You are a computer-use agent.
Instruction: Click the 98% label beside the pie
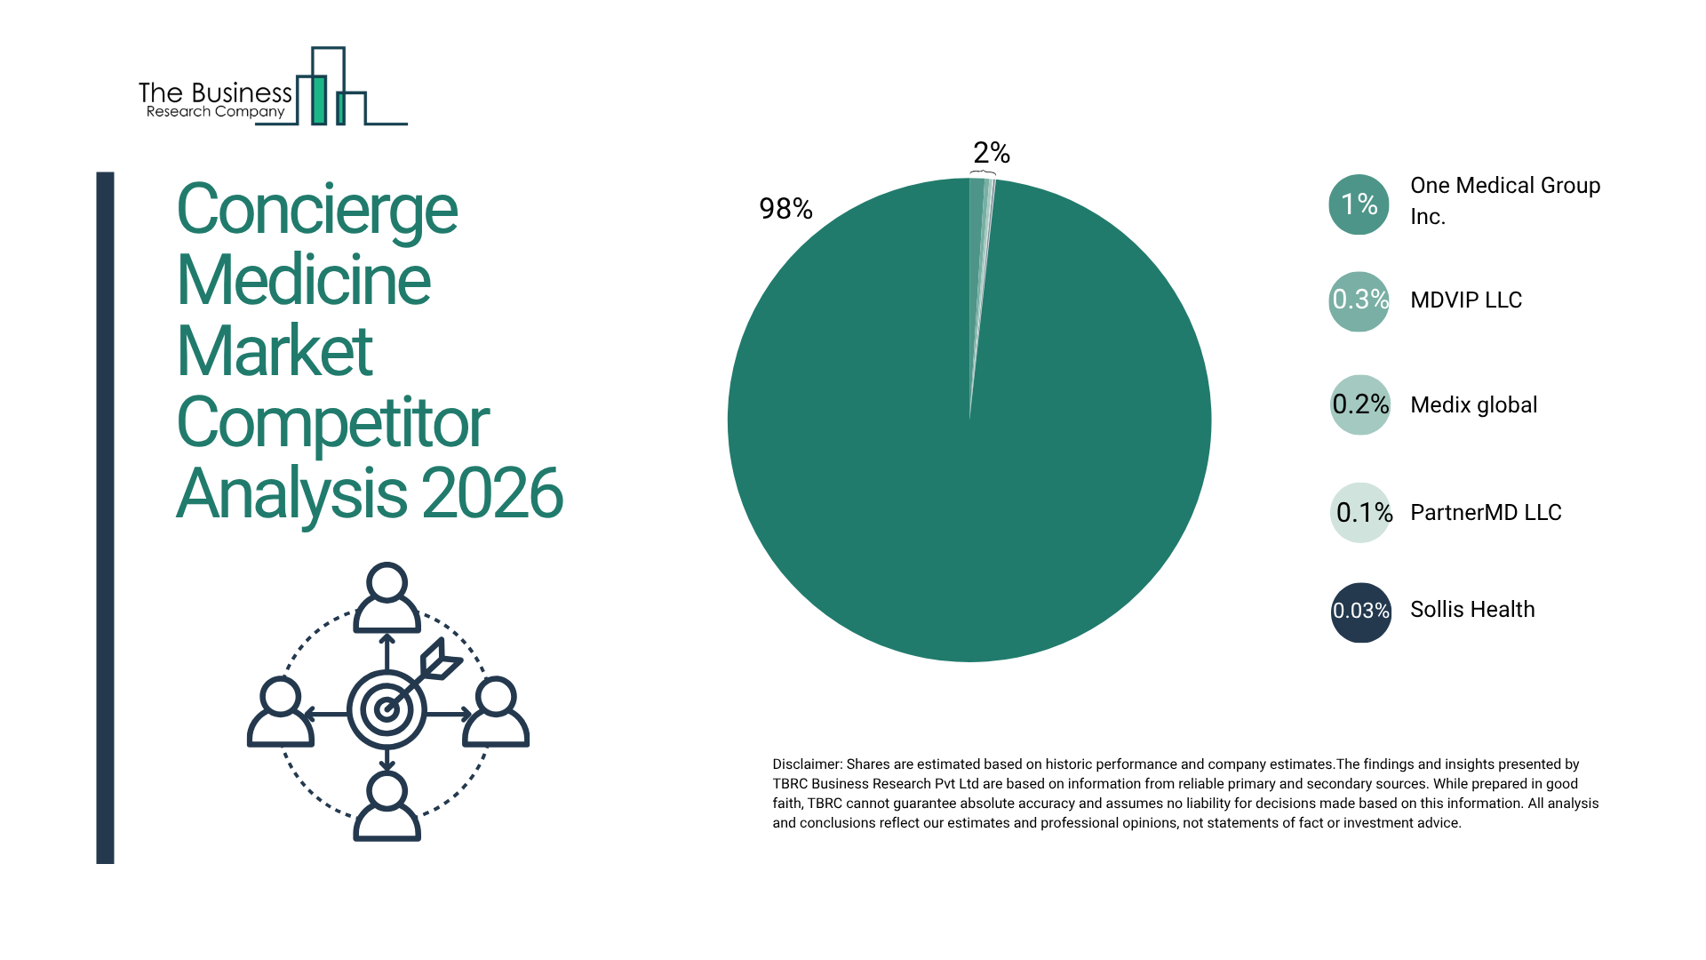pos(785,209)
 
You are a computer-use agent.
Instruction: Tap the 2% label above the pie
pos(992,153)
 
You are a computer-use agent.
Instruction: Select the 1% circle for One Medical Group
pos(1359,204)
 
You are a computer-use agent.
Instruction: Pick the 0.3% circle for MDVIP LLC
pos(1359,300)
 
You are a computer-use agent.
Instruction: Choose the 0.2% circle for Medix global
pos(1359,404)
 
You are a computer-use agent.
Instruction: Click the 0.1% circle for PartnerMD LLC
pos(1359,513)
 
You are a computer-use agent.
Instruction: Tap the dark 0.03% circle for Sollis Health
pos(1360,612)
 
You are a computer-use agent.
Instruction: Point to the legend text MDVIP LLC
pos(1466,300)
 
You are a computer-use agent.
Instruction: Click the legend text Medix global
pos(1473,405)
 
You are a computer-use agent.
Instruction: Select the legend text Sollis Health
pos(1472,610)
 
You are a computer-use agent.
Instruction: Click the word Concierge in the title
pos(316,210)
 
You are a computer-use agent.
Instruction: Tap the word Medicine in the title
pos(303,280)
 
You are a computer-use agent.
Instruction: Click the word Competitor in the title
pos(332,422)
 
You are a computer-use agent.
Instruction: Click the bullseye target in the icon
pos(387,709)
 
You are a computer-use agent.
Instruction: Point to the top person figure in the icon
pos(387,598)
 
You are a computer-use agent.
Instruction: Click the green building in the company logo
pos(318,100)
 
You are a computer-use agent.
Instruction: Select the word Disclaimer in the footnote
pos(806,764)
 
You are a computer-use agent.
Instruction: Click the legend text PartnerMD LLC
pos(1486,513)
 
